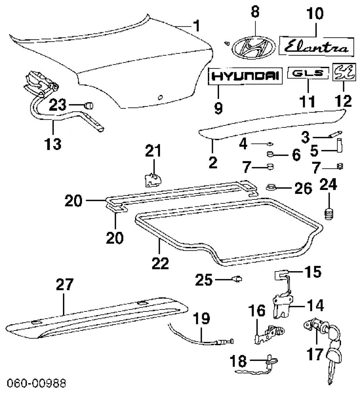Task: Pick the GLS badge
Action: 308,73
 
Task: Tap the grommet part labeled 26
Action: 271,188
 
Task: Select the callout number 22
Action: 160,262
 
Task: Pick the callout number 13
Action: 53,144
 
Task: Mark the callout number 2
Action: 213,163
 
